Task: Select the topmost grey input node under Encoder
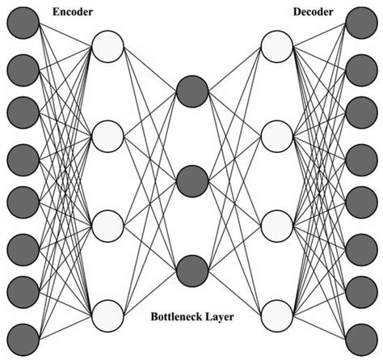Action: click(22, 25)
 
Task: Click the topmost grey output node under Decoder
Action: click(360, 25)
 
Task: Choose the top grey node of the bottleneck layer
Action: click(191, 90)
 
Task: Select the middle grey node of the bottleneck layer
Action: click(191, 180)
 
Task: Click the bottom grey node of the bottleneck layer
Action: click(191, 269)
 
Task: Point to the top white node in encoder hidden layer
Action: click(107, 46)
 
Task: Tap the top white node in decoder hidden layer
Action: click(276, 46)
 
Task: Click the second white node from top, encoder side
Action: click(107, 135)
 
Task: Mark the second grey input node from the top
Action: click(22, 69)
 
